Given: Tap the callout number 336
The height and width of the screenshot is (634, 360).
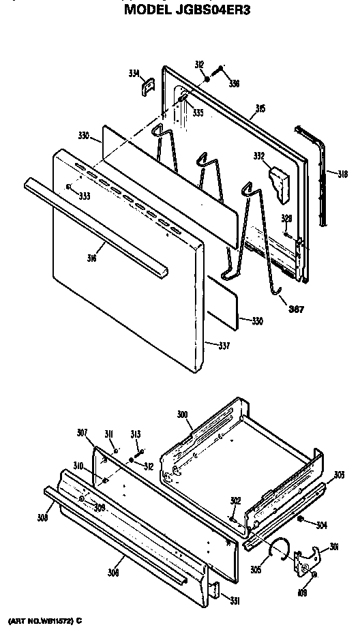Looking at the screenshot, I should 234,85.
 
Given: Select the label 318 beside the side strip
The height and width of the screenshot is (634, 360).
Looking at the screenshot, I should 342,174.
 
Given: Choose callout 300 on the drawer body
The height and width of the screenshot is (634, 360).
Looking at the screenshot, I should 182,415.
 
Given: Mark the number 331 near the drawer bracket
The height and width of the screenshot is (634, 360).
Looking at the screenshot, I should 234,601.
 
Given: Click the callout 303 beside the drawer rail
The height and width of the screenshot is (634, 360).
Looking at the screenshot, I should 339,474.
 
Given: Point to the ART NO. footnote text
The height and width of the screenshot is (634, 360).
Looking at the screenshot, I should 45,621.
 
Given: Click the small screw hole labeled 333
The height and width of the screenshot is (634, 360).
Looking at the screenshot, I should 70,186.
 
